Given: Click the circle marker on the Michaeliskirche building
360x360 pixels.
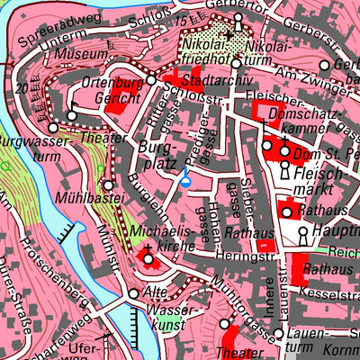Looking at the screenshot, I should (x=149, y=259).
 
